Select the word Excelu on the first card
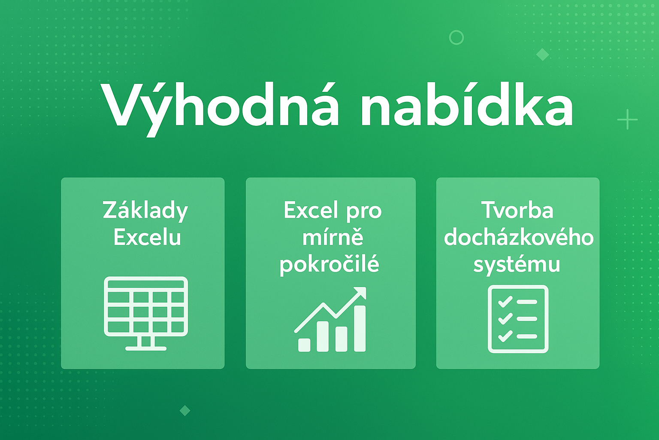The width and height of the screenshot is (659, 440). [x=147, y=238]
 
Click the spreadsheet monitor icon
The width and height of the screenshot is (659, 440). [x=146, y=314]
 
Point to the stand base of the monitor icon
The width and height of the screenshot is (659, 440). [x=146, y=348]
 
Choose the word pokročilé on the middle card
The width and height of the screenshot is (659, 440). [x=329, y=264]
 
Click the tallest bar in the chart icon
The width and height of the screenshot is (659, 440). [x=360, y=329]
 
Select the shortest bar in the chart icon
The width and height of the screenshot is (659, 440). [x=304, y=345]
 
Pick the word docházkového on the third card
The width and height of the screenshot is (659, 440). [x=519, y=238]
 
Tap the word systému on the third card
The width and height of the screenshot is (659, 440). [x=517, y=265]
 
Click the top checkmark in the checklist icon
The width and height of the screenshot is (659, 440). [x=505, y=302]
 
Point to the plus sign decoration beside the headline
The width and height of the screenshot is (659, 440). [x=628, y=119]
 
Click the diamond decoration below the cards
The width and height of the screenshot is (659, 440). [x=185, y=410]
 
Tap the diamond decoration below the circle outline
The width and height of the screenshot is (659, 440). [x=542, y=55]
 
